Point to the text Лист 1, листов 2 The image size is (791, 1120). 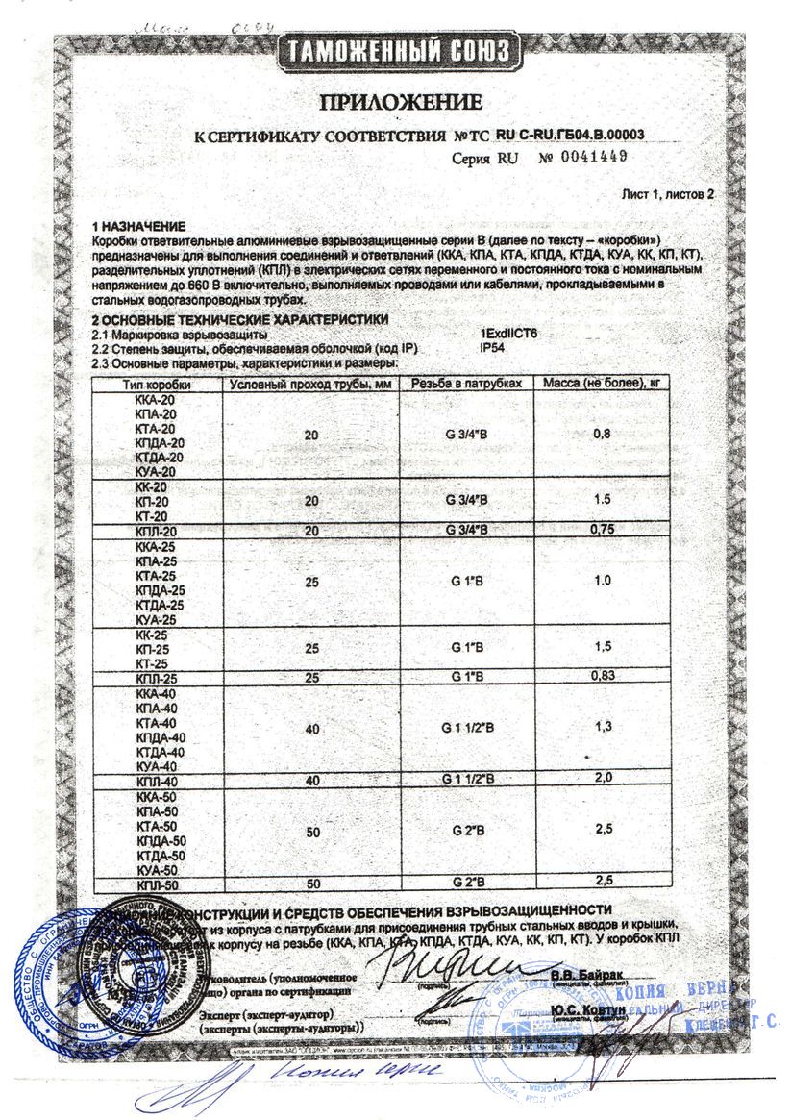668,193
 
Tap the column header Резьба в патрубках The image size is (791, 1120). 466,384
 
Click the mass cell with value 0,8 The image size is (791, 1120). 604,435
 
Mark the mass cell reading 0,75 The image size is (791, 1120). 604,530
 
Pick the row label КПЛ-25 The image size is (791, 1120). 151,679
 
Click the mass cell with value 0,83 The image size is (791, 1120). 604,678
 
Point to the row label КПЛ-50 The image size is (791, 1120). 151,884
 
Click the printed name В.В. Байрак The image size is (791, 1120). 587,975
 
